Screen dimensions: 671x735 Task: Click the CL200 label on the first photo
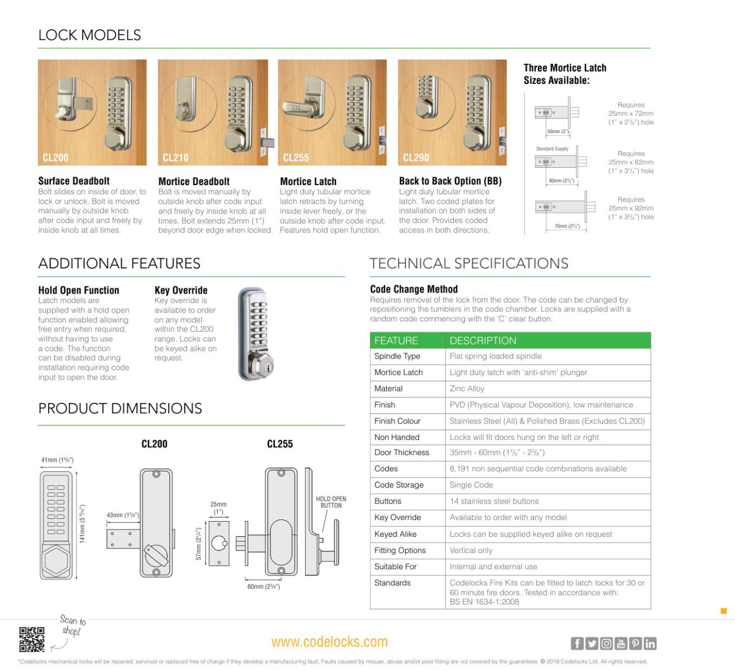(x=55, y=158)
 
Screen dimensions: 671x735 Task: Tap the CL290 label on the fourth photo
(x=416, y=158)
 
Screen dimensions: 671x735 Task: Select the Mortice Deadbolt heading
(x=194, y=181)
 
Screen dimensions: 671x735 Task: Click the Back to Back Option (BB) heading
(x=450, y=181)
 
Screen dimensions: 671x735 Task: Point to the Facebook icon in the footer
(x=577, y=644)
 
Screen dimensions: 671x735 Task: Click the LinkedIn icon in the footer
(x=649, y=644)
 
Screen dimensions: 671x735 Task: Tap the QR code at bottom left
(x=31, y=639)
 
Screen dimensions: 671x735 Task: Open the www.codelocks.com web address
(x=329, y=642)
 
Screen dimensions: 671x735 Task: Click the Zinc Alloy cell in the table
(x=467, y=389)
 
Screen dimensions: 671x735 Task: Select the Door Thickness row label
(x=401, y=452)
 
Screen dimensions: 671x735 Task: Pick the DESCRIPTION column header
(x=482, y=341)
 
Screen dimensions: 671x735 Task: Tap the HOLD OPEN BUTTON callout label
(x=331, y=502)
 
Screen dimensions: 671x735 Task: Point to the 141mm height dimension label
(x=82, y=523)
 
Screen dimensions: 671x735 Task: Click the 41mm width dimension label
(x=57, y=460)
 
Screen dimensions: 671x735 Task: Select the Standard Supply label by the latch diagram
(x=552, y=149)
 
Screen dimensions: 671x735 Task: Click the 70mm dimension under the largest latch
(x=566, y=226)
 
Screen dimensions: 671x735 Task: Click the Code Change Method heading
(x=414, y=289)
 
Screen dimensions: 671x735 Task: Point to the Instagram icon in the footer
(x=606, y=644)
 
